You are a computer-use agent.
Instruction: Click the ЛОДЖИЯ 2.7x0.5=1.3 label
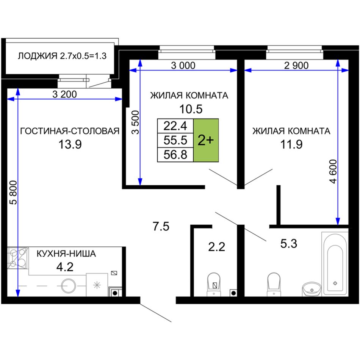62,56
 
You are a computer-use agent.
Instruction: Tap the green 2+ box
206,140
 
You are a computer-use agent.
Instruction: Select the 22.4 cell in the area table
175,126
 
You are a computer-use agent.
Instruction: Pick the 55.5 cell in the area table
175,140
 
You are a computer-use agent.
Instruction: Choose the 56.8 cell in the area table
175,155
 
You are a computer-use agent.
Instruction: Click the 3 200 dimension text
64,94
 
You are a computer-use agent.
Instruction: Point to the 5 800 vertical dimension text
14,193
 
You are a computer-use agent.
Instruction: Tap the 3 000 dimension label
183,66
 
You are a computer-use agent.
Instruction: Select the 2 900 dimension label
296,66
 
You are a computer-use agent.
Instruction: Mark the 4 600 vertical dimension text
333,171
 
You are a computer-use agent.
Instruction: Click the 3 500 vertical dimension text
135,122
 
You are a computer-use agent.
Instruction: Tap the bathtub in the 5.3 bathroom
335,264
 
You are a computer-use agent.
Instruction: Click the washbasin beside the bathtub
312,289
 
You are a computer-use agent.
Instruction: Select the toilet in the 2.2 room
214,285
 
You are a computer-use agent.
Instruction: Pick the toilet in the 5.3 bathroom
274,285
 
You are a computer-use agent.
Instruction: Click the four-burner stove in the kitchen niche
18,258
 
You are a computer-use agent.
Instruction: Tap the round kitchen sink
69,286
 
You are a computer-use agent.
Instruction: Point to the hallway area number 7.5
161,226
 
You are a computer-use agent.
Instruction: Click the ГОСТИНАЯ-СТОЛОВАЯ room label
70,131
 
